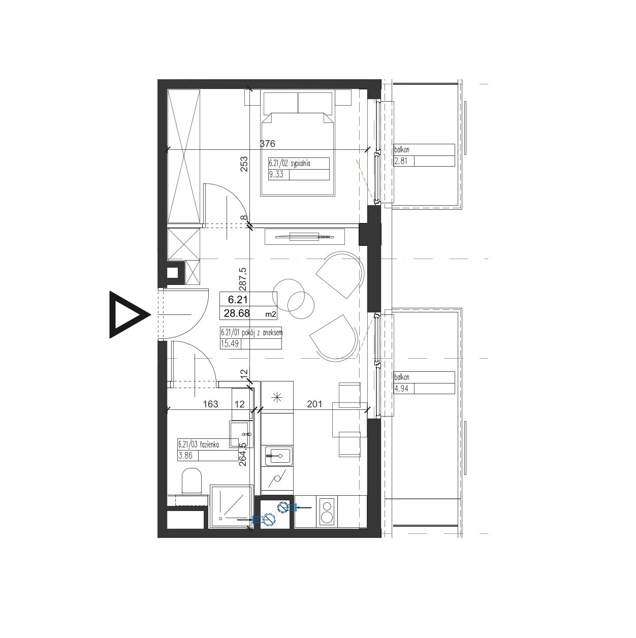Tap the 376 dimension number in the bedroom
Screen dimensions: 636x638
tap(267, 144)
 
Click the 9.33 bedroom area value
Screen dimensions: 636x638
tap(276, 174)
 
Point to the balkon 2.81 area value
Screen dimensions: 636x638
tap(401, 161)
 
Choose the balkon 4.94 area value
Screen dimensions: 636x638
tap(401, 389)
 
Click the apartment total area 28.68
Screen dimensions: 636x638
tap(237, 313)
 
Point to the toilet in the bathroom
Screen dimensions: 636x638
tap(192, 482)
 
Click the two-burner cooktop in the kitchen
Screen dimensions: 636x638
tap(327, 516)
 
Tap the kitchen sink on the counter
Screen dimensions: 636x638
tap(277, 456)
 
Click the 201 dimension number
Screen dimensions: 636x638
tap(314, 404)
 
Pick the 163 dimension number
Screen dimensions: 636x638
tap(211, 404)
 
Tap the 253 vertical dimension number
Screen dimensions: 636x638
tap(244, 164)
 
